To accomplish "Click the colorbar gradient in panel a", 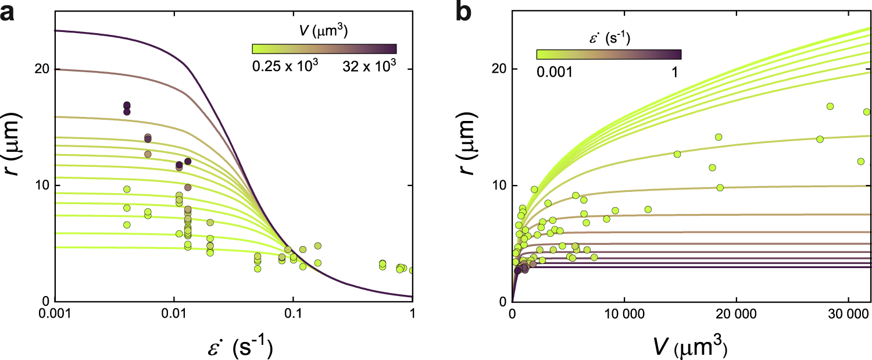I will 324,49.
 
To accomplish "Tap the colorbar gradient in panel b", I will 608,54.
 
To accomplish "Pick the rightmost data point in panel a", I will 412,270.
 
